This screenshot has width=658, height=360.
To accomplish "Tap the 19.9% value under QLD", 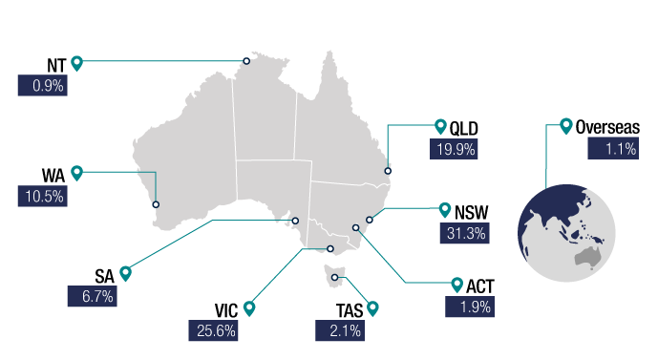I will click(453, 149).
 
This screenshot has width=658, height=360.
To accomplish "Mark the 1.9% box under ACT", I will click(467, 307).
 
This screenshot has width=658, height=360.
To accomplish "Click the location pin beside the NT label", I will click(77, 64).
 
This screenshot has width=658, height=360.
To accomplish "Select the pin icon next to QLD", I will click(440, 126).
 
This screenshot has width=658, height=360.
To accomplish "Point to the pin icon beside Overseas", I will click(566, 125).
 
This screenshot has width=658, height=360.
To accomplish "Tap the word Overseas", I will click(608, 127).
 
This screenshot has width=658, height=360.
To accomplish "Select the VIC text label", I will click(226, 309).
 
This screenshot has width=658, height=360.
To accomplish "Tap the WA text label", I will click(53, 175).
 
